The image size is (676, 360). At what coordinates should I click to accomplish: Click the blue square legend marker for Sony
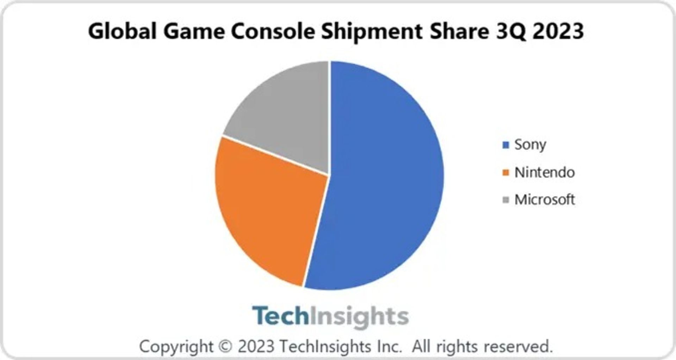[x=506, y=145]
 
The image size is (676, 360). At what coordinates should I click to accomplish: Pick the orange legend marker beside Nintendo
[x=506, y=173]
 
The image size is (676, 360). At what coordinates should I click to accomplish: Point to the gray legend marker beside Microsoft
[x=506, y=200]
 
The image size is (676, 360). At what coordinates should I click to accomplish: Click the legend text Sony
[x=530, y=145]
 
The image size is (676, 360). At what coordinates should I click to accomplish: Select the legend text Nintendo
[x=544, y=173]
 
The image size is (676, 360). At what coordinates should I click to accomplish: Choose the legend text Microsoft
[x=544, y=200]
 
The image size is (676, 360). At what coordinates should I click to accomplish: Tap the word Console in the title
[x=273, y=31]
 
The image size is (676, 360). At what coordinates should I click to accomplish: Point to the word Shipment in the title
[x=372, y=31]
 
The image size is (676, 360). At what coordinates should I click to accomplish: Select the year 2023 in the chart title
[x=558, y=31]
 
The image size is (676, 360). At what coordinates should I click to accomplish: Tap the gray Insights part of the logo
[x=359, y=316]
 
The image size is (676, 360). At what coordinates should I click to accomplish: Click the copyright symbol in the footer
[x=225, y=346]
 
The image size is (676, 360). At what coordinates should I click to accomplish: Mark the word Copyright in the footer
[x=176, y=347]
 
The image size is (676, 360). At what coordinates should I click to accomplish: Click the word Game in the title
[x=194, y=31]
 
